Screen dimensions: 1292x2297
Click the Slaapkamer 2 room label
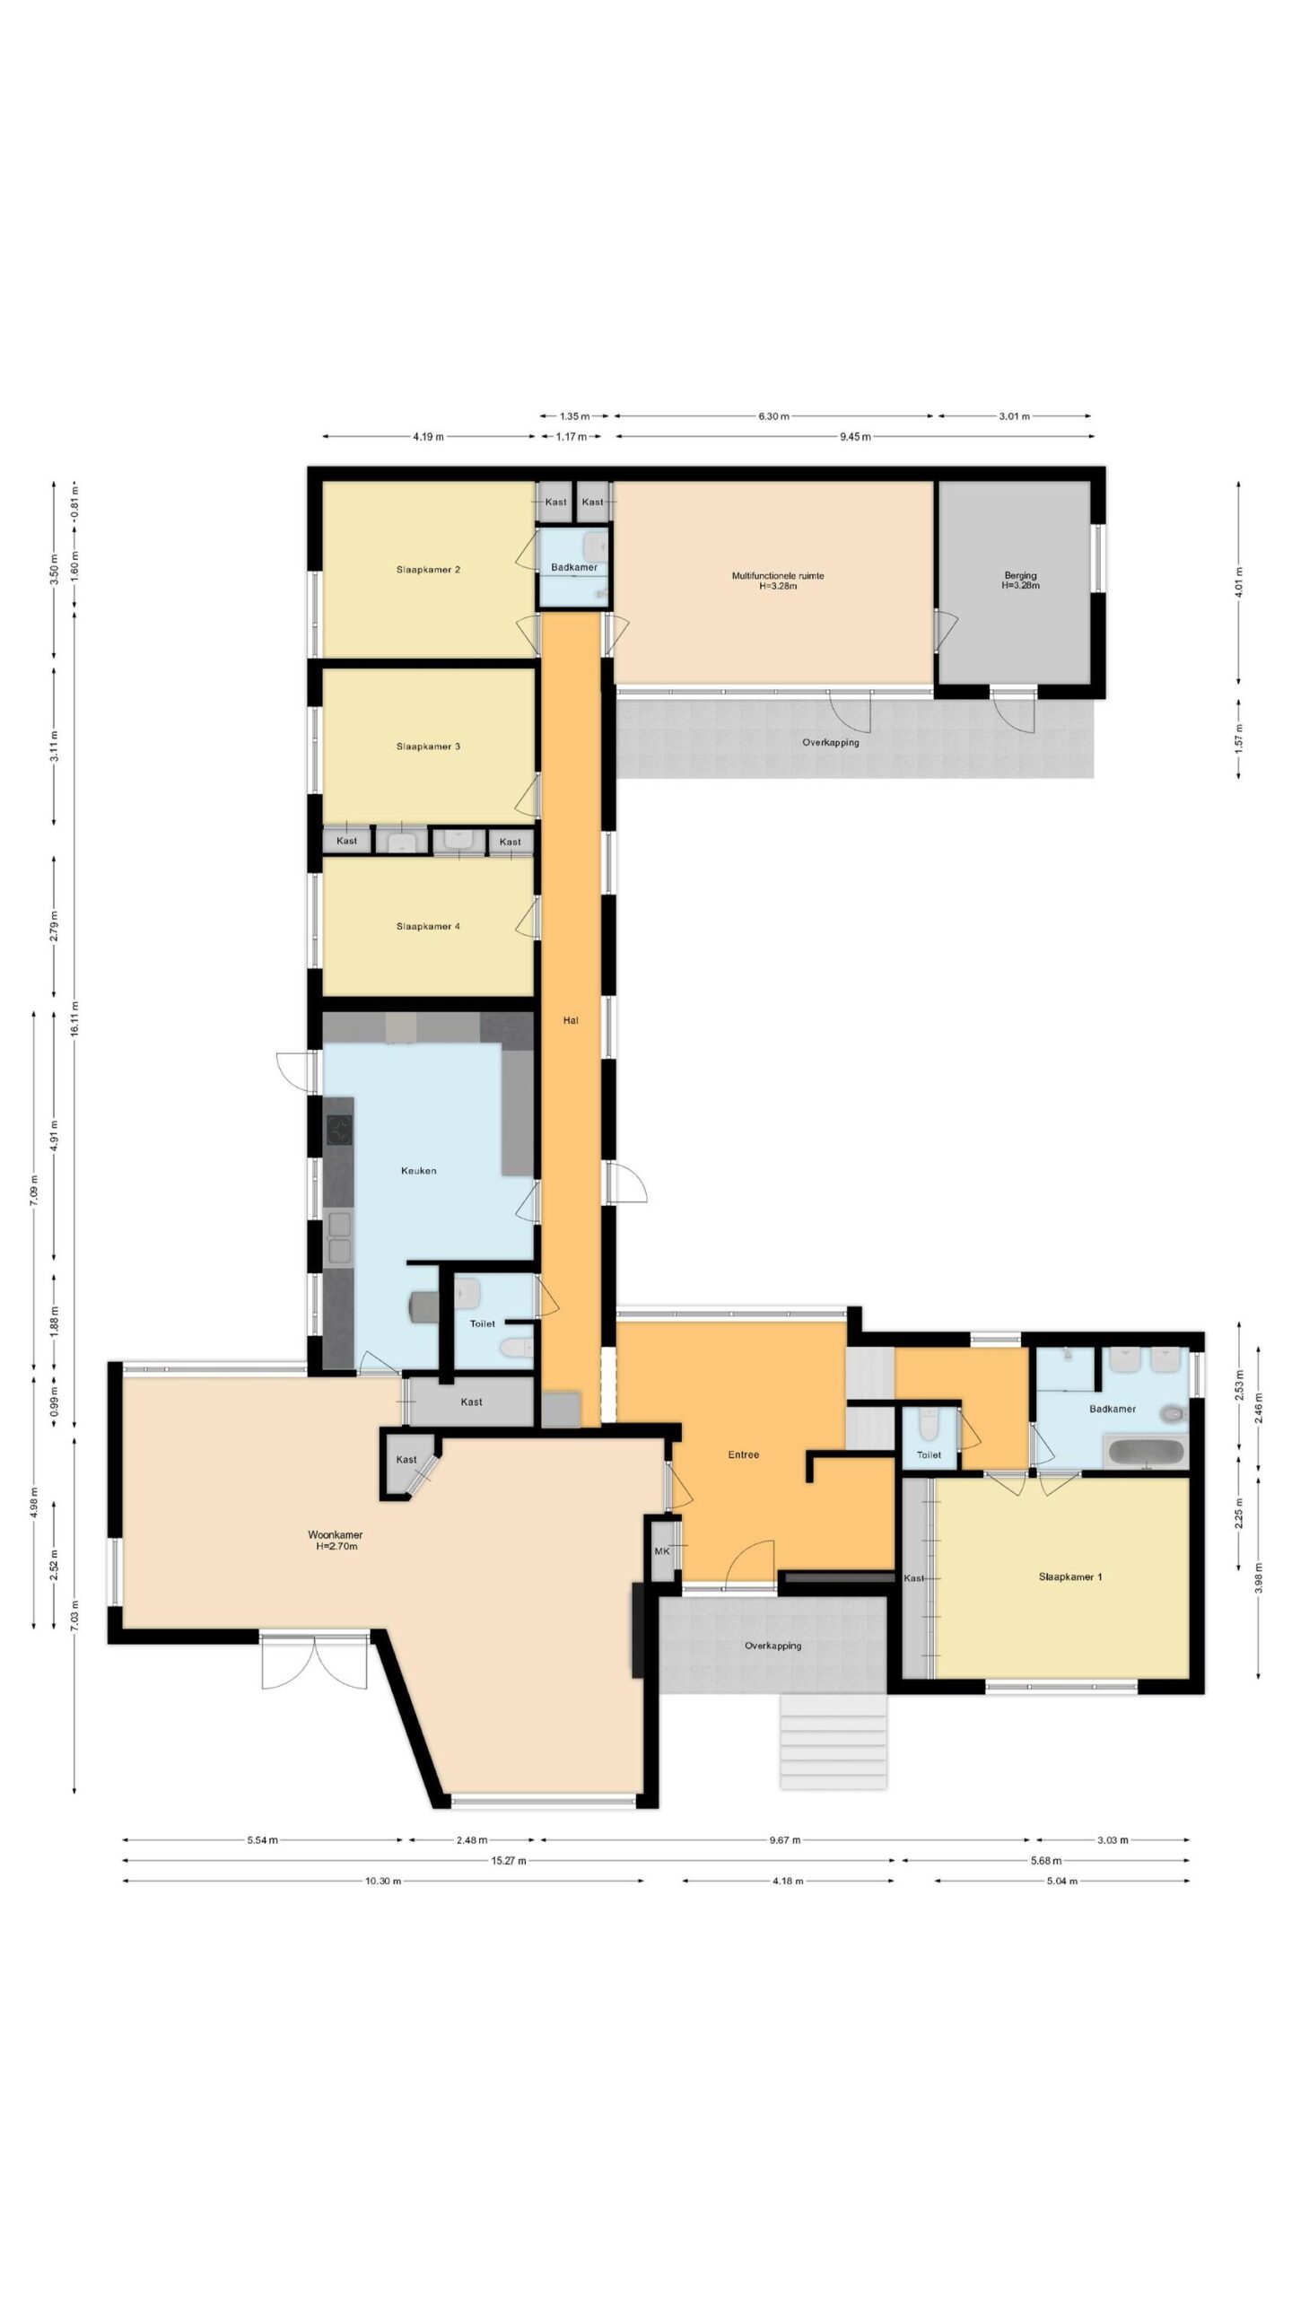(428, 570)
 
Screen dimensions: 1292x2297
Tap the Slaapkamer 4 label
(428, 926)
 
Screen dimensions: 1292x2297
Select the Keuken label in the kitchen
(418, 1170)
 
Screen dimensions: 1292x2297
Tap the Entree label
(743, 1454)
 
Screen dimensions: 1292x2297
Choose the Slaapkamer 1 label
(1070, 1576)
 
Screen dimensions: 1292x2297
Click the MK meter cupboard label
(662, 1550)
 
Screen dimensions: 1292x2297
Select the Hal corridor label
(571, 1020)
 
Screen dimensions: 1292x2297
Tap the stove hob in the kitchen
(339, 1130)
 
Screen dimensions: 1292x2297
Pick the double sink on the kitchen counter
(340, 1237)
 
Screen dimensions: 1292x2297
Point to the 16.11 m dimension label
(75, 1018)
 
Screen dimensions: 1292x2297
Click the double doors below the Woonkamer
(315, 1658)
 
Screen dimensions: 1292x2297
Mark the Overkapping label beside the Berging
(831, 742)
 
